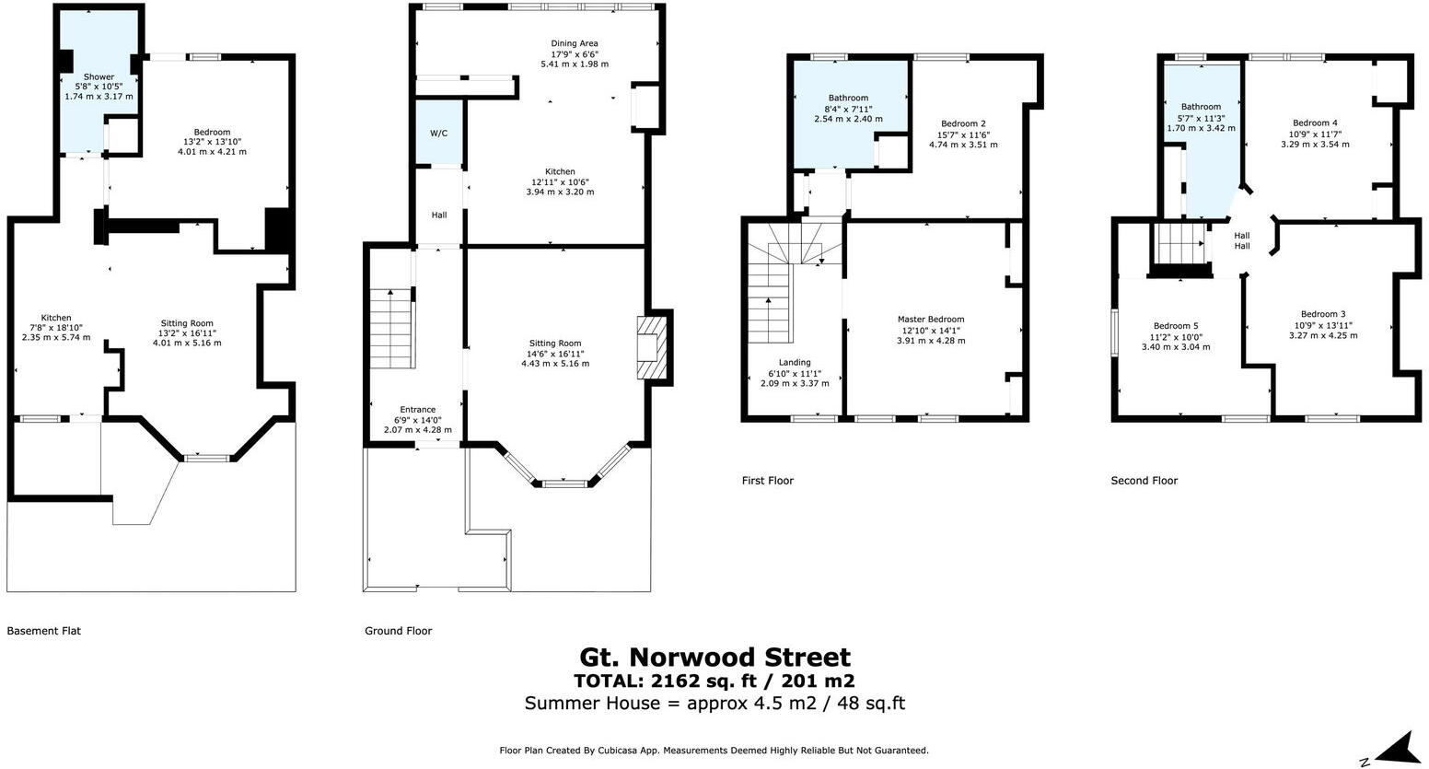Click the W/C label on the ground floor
coord(438,134)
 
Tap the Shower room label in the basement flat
coord(99,77)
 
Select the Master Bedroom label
coord(931,320)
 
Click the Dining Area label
coord(575,43)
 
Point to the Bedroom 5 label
coord(1176,326)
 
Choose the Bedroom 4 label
coord(1315,123)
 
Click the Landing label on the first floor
coord(795,363)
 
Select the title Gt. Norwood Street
coord(714,658)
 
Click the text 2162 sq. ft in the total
coord(689,682)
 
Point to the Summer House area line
coord(714,704)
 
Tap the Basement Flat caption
coord(43,631)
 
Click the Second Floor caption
coord(1144,481)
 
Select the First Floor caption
coord(767,481)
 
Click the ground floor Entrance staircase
coord(390,327)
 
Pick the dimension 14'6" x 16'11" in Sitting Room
coord(555,354)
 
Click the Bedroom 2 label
coord(963,123)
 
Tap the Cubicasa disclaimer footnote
coord(714,751)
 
